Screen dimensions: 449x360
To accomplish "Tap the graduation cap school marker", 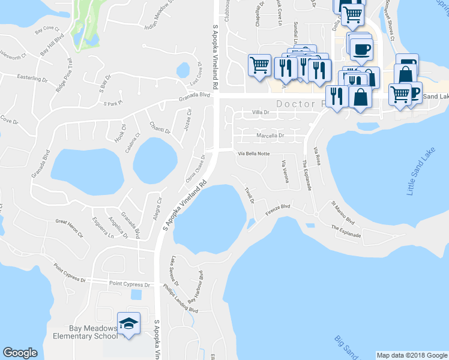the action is (x=128, y=324).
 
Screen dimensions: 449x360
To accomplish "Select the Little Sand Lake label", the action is (x=420, y=173).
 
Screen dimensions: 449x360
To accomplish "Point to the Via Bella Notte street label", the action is (x=254, y=154).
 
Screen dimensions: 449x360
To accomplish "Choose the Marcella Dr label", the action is (x=270, y=136).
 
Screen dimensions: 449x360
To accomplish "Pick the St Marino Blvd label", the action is (x=343, y=213).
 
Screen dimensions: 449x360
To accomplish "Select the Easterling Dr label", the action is (x=32, y=78).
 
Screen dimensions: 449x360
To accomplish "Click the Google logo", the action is (x=20, y=353).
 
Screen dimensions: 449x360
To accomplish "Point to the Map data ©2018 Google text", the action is (x=411, y=355).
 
